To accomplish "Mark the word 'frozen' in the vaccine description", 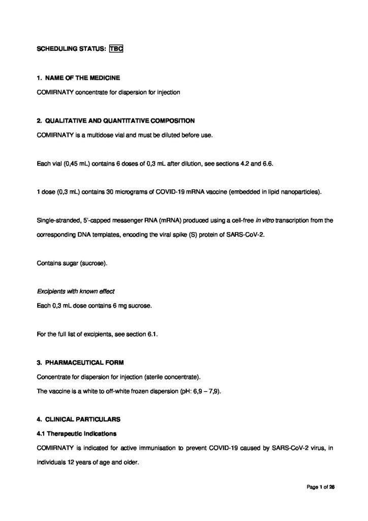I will point(149,391).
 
